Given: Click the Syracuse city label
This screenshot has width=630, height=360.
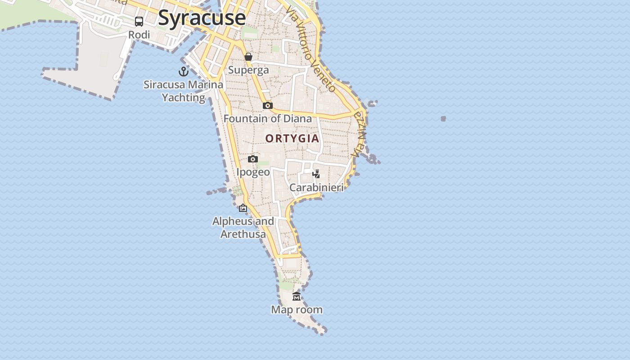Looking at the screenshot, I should (202, 18).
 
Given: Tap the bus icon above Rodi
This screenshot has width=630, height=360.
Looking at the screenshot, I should (139, 22).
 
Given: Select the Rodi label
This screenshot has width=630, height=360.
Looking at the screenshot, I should (139, 35).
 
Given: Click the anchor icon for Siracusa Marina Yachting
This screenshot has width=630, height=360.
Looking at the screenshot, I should (183, 71).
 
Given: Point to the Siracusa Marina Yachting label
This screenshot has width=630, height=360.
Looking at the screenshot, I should (184, 91).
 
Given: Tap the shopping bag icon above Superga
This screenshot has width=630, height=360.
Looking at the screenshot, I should (248, 57).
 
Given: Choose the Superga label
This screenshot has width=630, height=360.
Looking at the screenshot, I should (248, 70).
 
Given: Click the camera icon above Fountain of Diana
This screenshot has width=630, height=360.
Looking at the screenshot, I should (268, 105).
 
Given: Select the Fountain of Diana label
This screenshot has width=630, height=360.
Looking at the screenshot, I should (268, 119).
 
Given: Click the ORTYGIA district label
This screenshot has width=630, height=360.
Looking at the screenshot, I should (292, 139).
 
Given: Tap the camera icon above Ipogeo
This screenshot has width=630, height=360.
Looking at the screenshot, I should (253, 159).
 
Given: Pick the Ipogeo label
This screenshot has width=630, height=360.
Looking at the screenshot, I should (253, 172).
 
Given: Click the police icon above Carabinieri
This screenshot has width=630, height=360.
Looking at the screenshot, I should (316, 174).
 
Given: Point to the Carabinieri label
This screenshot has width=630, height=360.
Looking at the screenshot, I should (316, 188).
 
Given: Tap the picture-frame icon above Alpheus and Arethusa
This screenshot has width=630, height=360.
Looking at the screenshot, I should (243, 208).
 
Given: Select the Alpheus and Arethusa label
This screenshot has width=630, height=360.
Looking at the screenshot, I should (243, 228).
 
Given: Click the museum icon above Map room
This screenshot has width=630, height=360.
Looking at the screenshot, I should (297, 296).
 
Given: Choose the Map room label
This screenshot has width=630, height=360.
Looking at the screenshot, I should (297, 310).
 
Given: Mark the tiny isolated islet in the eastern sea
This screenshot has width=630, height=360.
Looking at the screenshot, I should (443, 119).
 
